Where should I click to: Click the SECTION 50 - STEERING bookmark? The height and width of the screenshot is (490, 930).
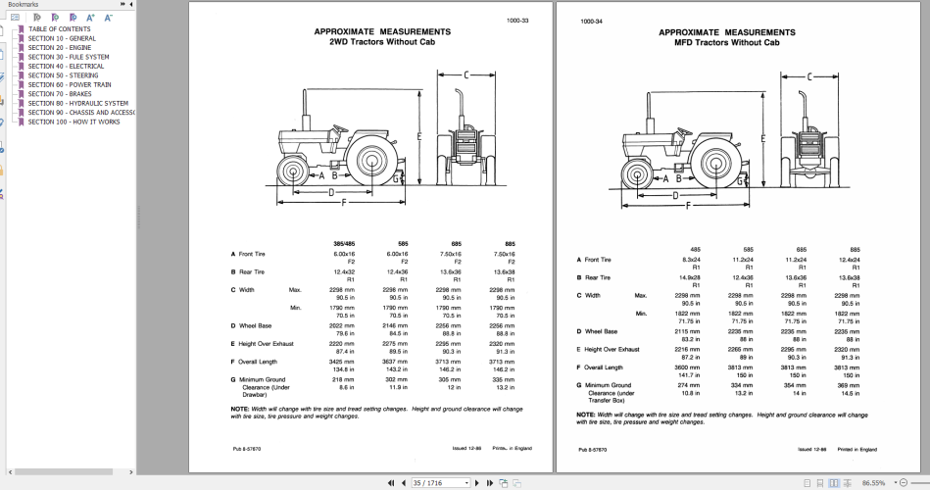point(63,75)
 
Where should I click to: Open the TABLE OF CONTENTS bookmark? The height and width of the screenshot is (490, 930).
point(59,29)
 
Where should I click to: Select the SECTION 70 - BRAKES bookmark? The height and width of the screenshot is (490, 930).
point(60,94)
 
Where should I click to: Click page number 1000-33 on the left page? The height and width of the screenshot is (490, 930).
point(516,21)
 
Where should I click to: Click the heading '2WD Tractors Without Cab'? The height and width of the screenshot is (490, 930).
point(382,42)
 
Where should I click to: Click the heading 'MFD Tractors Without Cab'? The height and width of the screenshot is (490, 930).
point(726,42)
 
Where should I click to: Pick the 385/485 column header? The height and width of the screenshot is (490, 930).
point(345,244)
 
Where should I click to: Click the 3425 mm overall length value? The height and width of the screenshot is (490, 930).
point(345,363)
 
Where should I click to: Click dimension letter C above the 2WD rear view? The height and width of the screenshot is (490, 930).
point(466,74)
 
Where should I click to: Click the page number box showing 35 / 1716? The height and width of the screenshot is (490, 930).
point(442,483)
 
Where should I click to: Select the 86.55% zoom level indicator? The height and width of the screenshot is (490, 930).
point(874,483)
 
